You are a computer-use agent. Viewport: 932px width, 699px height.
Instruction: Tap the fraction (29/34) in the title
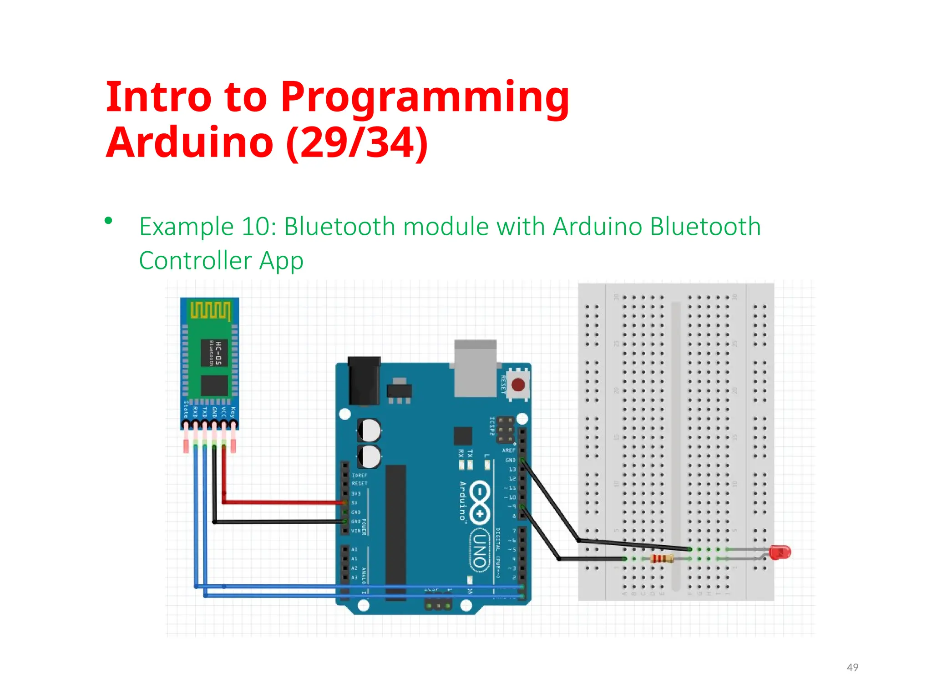click(x=357, y=143)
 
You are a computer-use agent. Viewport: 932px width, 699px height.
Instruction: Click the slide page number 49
click(x=852, y=667)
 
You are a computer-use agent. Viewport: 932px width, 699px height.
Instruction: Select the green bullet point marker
click(x=108, y=221)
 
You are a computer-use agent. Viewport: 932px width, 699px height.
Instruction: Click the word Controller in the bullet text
click(x=195, y=261)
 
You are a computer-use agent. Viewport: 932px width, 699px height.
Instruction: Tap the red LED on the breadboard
click(x=780, y=552)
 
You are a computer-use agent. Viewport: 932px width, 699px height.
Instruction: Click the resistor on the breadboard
click(x=661, y=558)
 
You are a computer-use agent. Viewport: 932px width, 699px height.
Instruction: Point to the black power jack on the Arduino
click(x=364, y=380)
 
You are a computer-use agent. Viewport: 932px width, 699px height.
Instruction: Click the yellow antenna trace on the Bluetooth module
click(x=210, y=310)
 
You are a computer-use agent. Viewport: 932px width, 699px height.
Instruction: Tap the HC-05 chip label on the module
click(x=214, y=353)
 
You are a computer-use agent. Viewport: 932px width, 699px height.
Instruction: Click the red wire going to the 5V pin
click(x=282, y=502)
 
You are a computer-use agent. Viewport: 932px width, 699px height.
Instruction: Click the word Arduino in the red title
click(x=189, y=143)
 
